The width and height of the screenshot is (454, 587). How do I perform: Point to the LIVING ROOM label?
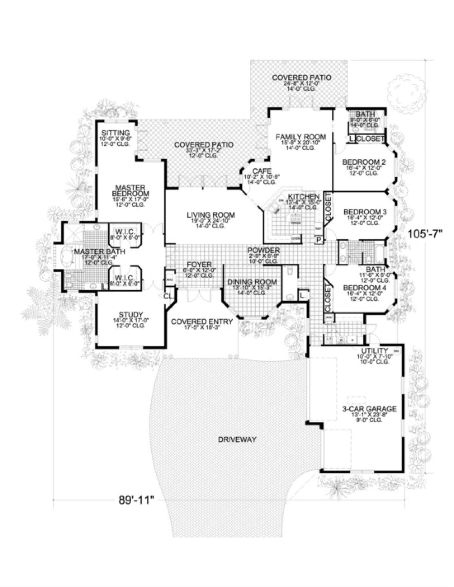pos(211,215)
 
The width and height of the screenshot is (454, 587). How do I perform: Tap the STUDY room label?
pos(130,314)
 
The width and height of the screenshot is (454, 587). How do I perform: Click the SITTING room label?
pos(116,133)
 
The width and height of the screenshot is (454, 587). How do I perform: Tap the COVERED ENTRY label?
pos(196,322)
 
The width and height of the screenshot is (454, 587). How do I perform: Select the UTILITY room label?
pos(374,350)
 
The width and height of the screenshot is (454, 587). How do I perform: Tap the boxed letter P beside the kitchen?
pos(319,239)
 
